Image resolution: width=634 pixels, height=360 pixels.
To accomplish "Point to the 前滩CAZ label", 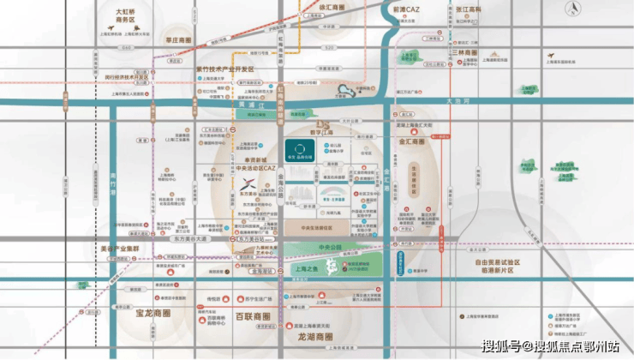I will point(404,9).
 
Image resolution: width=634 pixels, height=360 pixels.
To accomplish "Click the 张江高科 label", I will point(466,9).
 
